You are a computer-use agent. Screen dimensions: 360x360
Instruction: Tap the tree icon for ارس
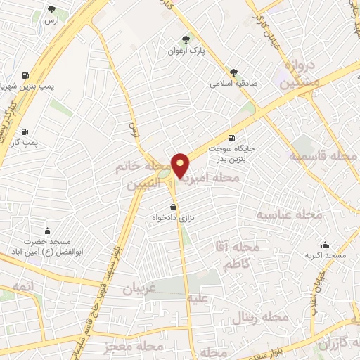52,9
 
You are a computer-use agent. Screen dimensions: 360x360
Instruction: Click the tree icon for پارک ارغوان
186,40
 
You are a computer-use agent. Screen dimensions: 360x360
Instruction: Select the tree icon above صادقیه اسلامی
233,72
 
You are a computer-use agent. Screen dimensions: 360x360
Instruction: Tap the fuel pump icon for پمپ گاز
25,131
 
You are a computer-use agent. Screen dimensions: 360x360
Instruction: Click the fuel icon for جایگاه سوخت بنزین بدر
232,138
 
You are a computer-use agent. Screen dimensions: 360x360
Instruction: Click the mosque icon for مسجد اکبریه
325,245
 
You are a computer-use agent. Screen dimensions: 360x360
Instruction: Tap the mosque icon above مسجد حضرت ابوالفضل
48,231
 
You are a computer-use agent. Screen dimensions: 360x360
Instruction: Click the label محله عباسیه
288,214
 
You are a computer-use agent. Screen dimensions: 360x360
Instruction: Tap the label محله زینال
264,318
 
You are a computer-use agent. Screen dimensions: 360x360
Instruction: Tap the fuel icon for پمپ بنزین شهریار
25,75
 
